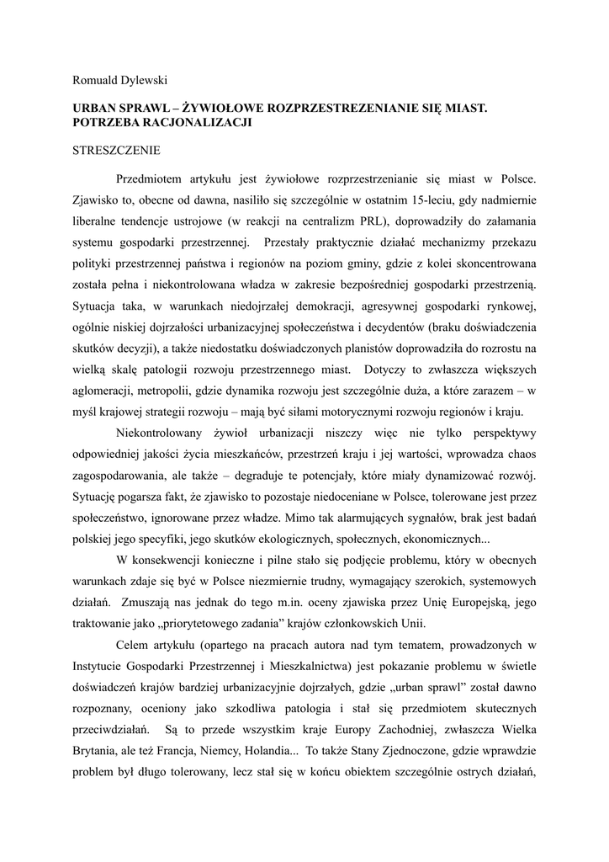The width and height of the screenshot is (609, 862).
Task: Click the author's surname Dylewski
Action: [x=143, y=80]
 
